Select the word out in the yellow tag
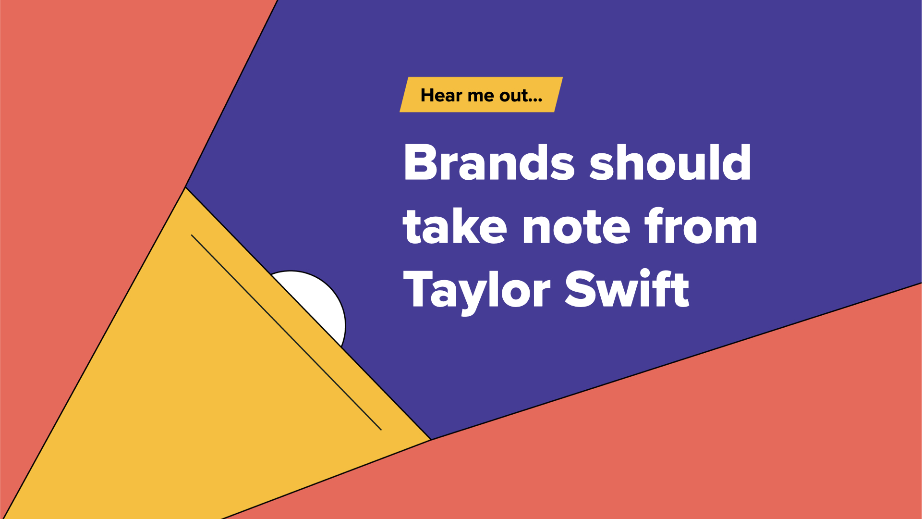[513, 96]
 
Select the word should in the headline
[670, 162]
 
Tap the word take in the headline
[455, 226]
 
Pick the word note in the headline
[576, 228]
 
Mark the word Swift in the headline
[627, 288]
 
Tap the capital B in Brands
[422, 162]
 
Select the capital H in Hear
[427, 95]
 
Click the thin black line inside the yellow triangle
[286, 332]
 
